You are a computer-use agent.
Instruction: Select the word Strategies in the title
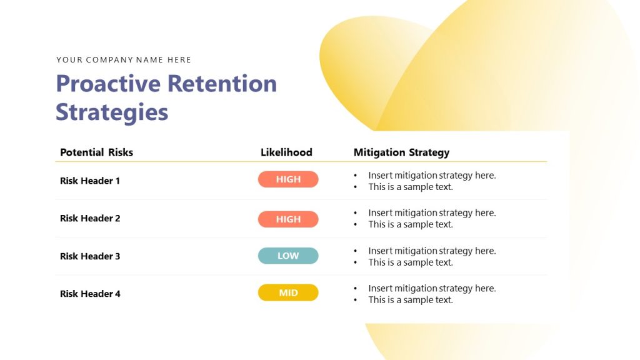(x=112, y=112)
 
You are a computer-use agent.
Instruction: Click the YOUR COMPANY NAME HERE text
(x=124, y=60)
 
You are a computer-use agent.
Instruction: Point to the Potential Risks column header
(x=96, y=152)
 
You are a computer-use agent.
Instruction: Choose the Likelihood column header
(x=286, y=152)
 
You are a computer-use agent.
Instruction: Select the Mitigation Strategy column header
(x=401, y=152)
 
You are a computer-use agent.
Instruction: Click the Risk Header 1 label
(x=90, y=181)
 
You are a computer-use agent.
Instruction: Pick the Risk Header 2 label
(x=90, y=218)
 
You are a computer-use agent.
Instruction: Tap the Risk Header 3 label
(x=90, y=256)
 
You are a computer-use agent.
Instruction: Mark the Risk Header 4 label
(x=90, y=294)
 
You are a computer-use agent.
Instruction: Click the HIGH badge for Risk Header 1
(x=288, y=179)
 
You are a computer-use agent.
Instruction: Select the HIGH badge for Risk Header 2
(x=288, y=219)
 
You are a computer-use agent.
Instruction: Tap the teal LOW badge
(x=288, y=256)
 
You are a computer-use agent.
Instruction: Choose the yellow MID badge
(x=288, y=292)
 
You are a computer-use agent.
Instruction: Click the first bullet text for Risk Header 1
(x=432, y=176)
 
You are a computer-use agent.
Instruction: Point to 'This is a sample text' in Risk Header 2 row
(x=411, y=224)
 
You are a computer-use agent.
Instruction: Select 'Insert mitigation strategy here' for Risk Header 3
(x=432, y=251)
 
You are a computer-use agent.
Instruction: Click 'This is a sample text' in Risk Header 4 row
(x=411, y=300)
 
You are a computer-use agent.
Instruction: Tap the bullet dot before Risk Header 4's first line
(x=356, y=289)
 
